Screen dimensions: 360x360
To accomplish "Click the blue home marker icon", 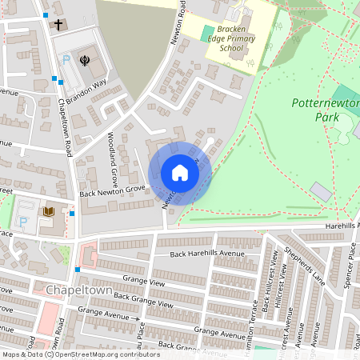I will pyautogui.click(x=179, y=173).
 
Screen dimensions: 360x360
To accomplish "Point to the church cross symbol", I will pyautogui.click(x=58, y=25).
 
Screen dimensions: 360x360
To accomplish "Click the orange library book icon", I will pyautogui.click(x=48, y=211).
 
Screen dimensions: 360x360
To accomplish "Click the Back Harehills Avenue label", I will pyautogui.click(x=207, y=254).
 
